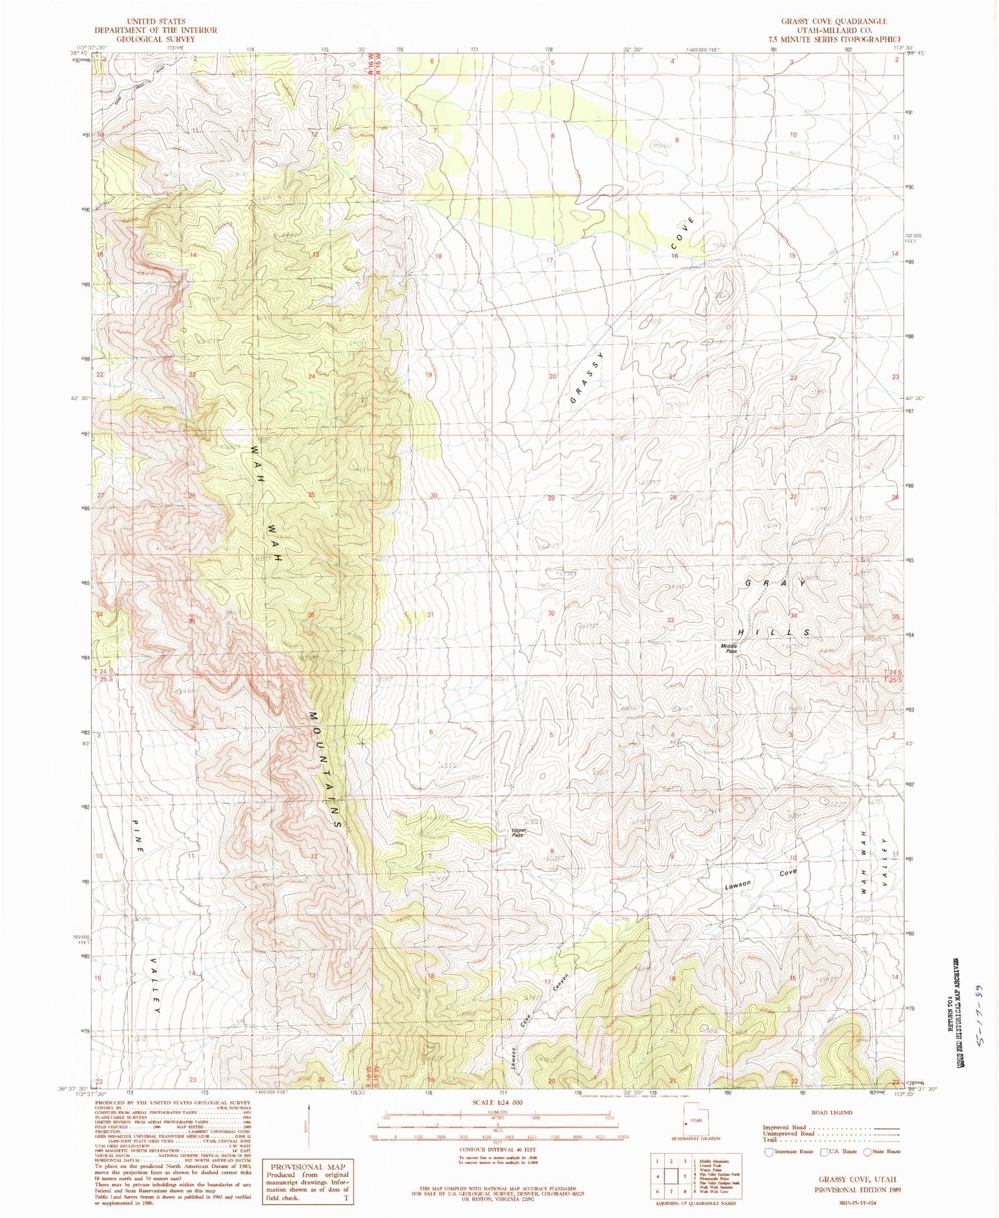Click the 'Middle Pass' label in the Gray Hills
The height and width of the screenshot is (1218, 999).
pyautogui.click(x=729, y=648)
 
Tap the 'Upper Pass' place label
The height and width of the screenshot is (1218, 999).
pyautogui.click(x=519, y=832)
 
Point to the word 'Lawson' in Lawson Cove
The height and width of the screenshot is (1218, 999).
pyautogui.click(x=737, y=884)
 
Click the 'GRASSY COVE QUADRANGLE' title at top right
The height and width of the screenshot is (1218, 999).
pyautogui.click(x=834, y=22)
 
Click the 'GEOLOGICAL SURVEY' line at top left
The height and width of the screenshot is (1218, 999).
pyautogui.click(x=155, y=39)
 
